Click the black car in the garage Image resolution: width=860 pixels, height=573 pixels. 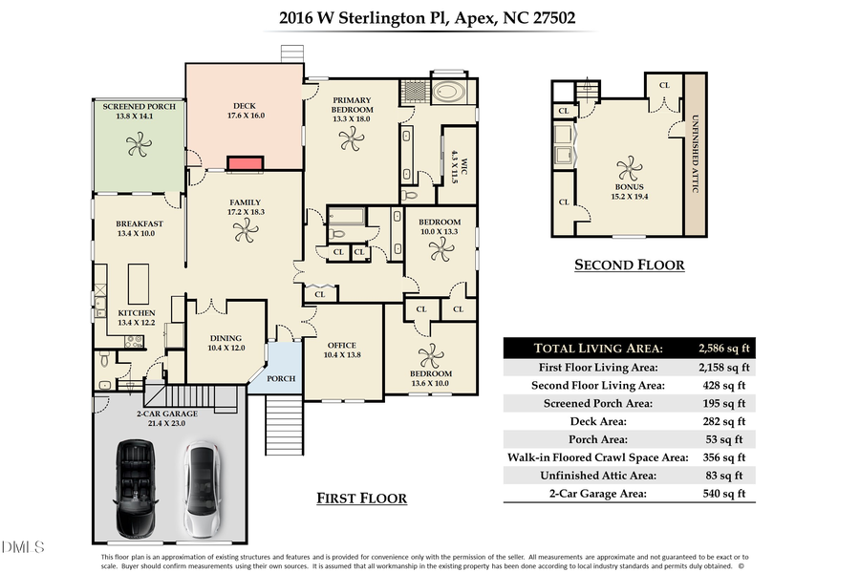click(x=134, y=489)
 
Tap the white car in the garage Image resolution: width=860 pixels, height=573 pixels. click(x=201, y=489)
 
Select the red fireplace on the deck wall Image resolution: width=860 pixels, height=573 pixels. click(x=245, y=163)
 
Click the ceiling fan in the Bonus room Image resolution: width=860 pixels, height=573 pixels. click(x=630, y=169)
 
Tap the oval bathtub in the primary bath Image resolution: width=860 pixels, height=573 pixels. click(x=448, y=94)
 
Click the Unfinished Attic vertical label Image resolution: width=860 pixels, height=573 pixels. click(x=696, y=154)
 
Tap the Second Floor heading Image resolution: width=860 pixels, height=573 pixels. click(x=629, y=265)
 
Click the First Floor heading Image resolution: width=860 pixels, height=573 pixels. click(x=361, y=499)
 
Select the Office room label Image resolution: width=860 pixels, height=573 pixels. click(x=342, y=346)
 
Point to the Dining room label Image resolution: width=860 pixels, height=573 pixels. click(x=226, y=338)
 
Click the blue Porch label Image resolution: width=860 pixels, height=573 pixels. click(x=281, y=378)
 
